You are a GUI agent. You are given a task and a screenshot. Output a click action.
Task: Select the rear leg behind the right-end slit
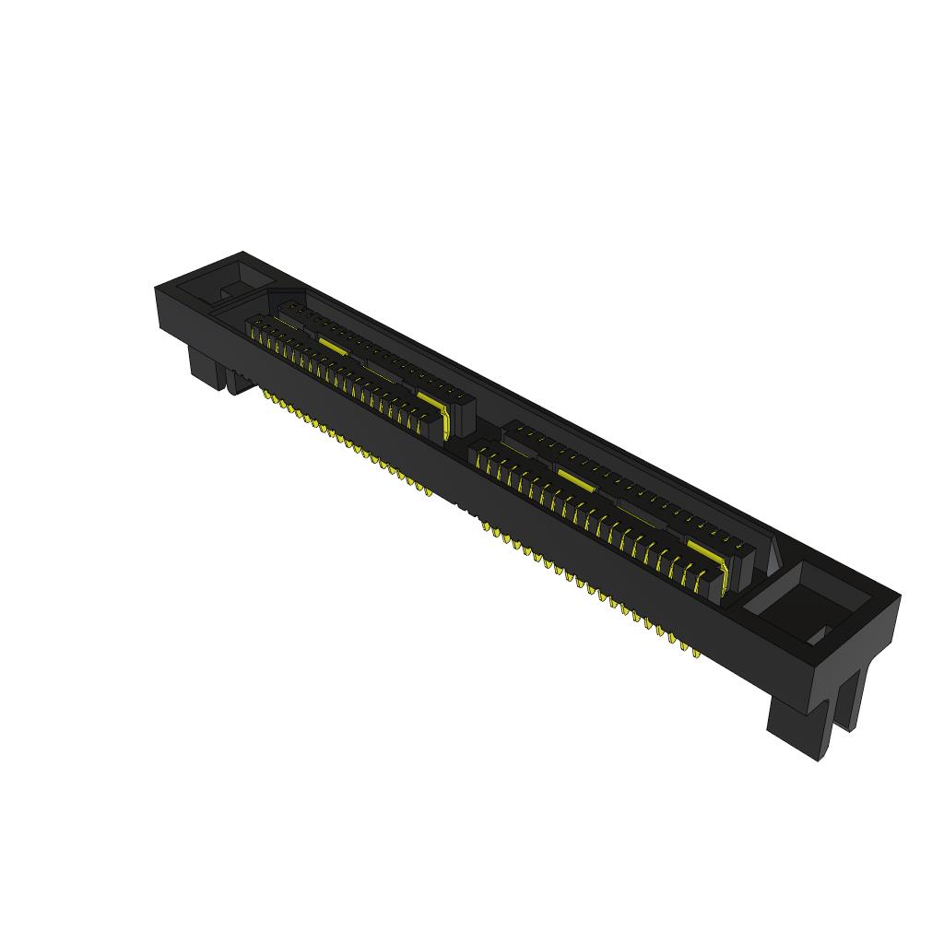(854, 696)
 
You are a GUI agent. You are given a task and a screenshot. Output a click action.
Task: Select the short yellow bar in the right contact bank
(574, 479)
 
